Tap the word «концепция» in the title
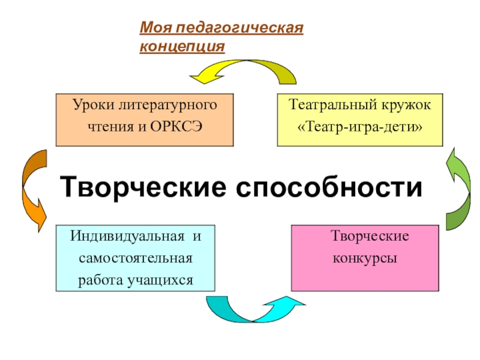tap(182, 46)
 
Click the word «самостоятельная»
tap(136, 258)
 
